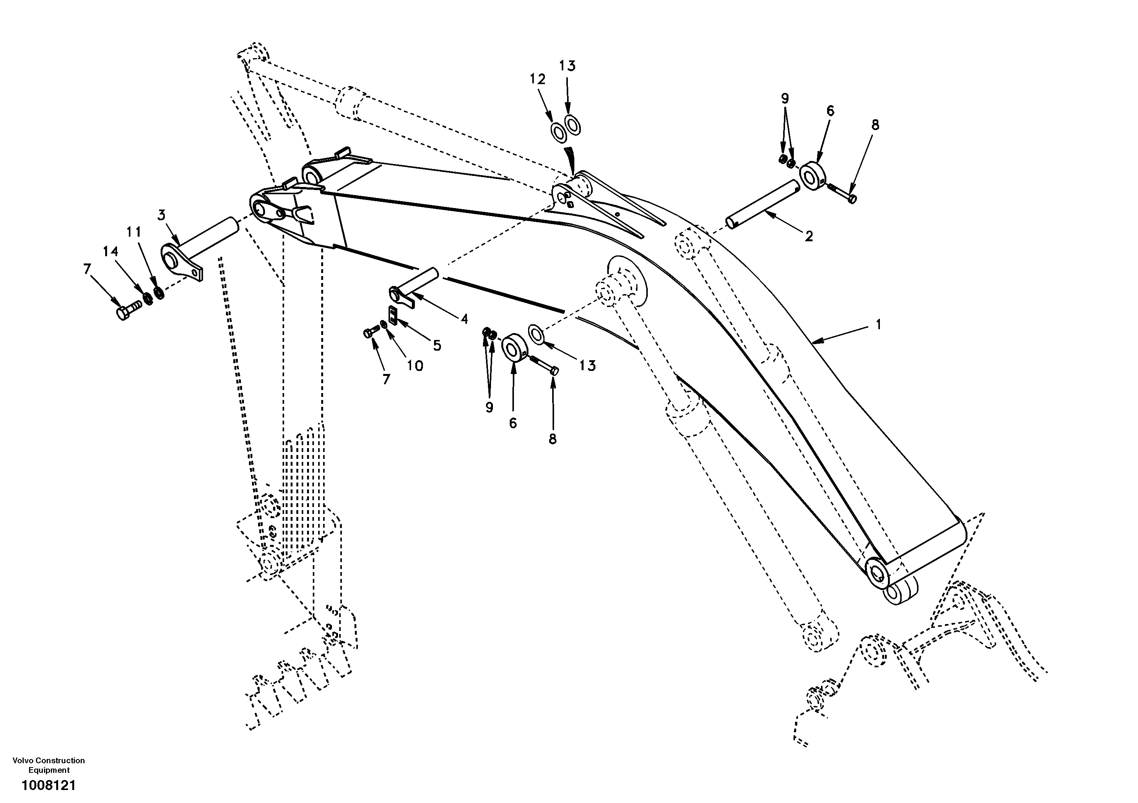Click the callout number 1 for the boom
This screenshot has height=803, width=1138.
pyautogui.click(x=878, y=325)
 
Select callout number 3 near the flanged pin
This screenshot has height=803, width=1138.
pyautogui.click(x=162, y=215)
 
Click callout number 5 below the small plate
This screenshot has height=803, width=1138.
pyautogui.click(x=437, y=345)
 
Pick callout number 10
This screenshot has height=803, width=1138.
pyautogui.click(x=415, y=366)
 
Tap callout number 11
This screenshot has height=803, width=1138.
pyautogui.click(x=133, y=232)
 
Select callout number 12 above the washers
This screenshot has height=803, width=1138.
pyautogui.click(x=537, y=79)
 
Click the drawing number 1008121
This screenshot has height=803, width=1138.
pyautogui.click(x=48, y=786)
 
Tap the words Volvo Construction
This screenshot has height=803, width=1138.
pyautogui.click(x=49, y=761)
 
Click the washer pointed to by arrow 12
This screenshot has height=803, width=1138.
pyautogui.click(x=559, y=133)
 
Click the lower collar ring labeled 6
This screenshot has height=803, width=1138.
pyautogui.click(x=513, y=349)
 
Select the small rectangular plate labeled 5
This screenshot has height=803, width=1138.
pyautogui.click(x=393, y=315)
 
